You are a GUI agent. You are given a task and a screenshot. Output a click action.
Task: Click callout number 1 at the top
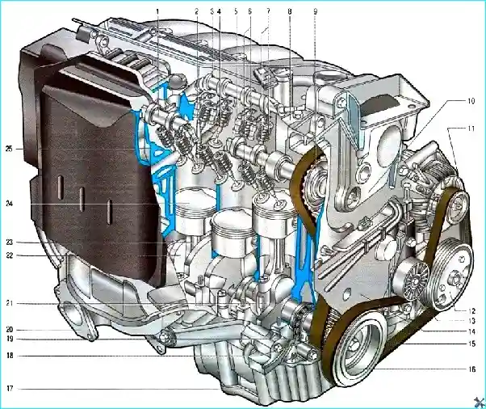pos(158,10)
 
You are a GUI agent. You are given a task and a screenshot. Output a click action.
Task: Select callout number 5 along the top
pos(235,11)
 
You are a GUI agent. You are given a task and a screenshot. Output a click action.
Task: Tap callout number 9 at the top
pos(314,11)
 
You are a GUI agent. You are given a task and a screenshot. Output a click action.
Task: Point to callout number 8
pos(289,11)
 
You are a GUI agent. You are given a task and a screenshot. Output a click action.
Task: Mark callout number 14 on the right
pos(471,331)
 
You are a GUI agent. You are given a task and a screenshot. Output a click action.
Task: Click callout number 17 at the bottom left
pos(10,389)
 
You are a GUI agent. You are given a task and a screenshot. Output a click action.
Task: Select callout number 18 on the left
pos(10,355)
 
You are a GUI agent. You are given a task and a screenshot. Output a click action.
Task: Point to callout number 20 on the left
pos(10,330)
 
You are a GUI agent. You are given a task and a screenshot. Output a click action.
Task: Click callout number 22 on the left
pos(10,255)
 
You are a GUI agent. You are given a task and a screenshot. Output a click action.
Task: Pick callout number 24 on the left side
pos(10,204)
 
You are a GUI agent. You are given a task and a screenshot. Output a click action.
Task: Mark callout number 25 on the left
pos(10,149)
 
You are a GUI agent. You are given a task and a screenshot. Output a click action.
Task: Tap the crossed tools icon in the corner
pos(478,401)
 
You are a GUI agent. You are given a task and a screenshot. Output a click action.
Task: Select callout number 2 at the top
pos(196,11)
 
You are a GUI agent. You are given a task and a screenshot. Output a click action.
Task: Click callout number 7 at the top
pos(262,11)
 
